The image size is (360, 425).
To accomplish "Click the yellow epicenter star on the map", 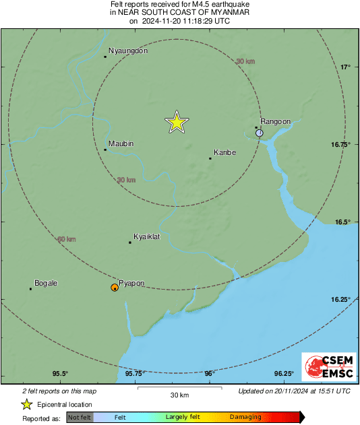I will (176, 122).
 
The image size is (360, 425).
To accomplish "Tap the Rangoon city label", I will (275, 121).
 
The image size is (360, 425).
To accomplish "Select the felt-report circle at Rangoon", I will (260, 133).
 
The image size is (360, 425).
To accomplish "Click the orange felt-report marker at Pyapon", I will (115, 288).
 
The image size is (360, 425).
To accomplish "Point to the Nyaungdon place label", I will (128, 51).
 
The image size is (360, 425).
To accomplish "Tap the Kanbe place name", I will (224, 153).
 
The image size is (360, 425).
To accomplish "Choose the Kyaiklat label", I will (146, 237).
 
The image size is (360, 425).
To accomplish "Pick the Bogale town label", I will (46, 284).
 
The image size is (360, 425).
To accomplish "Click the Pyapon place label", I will (131, 284).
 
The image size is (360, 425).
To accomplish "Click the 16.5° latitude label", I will (344, 222).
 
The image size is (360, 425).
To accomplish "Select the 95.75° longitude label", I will (135, 374).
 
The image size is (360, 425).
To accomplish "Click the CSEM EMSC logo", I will (325, 368).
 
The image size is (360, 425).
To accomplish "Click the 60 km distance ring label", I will (66, 239).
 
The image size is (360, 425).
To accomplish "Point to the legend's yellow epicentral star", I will (26, 404).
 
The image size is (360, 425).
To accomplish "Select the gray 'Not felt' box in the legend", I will (80, 418).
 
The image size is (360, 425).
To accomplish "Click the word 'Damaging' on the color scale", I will (245, 418).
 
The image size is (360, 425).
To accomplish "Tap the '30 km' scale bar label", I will (179, 394).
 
